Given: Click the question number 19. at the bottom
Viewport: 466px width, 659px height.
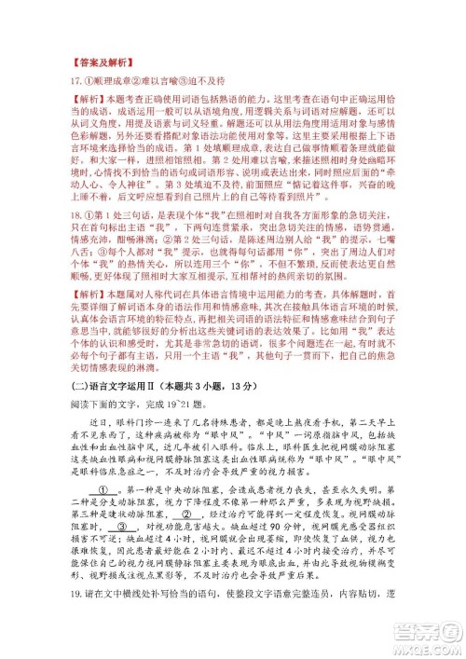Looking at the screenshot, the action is pyautogui.click(x=67, y=645).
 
